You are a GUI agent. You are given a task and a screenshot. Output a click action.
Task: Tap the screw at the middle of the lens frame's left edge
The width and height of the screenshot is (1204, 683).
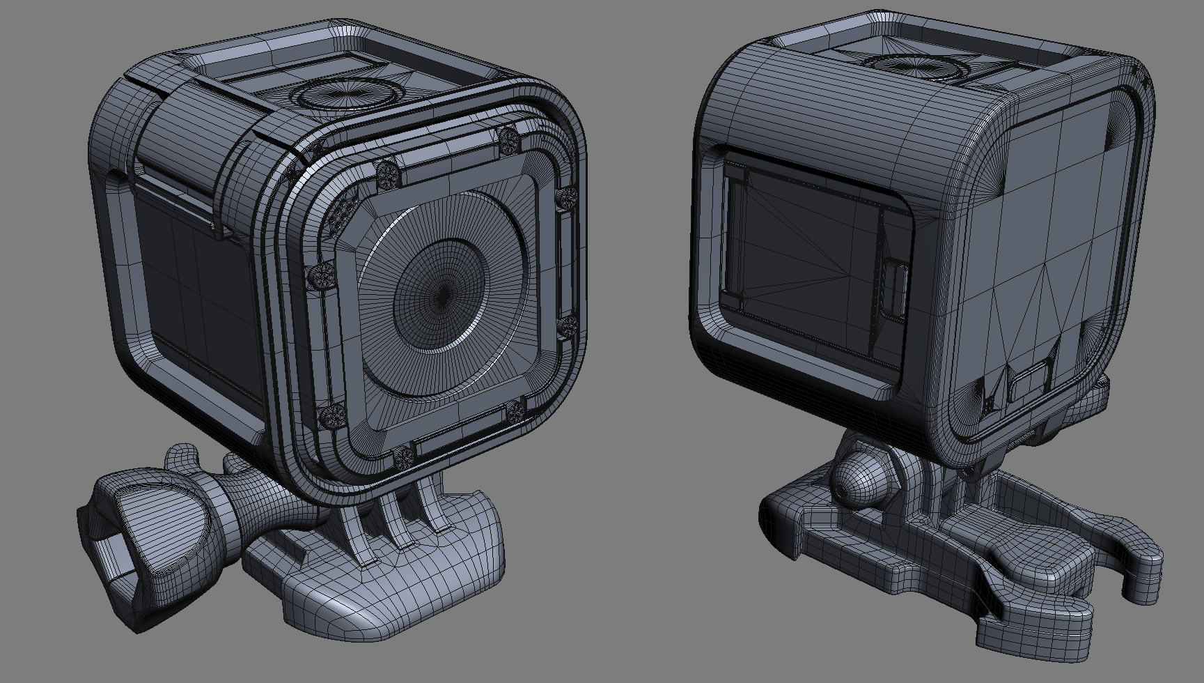[321, 273]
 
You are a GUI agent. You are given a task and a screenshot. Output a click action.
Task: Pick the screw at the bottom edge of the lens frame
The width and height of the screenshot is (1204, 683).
[403, 458]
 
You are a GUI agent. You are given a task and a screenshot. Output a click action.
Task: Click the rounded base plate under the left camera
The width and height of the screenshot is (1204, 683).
[390, 578]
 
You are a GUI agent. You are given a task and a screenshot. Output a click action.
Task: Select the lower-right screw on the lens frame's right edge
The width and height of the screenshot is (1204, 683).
[570, 325]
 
